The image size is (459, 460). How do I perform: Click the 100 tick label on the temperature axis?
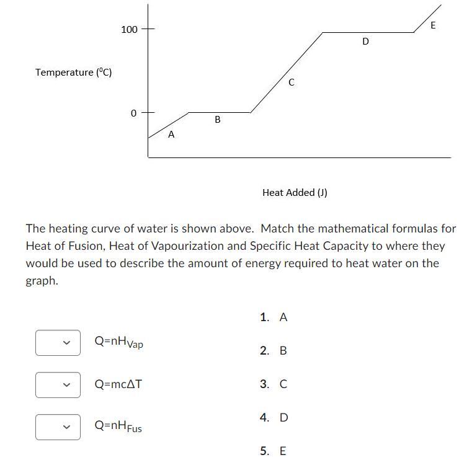pos(129,29)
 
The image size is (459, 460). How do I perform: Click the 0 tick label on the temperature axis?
pos(133,113)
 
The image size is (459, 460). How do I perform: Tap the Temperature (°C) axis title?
pos(73,73)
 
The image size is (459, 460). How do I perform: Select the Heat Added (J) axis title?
pos(295,192)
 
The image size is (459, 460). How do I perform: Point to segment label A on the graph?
pos(171,134)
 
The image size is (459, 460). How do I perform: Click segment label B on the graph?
pos(218,120)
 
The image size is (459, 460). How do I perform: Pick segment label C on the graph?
pos(291,82)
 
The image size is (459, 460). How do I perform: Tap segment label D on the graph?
pos(365,42)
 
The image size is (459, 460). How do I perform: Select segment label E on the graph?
pos(433,25)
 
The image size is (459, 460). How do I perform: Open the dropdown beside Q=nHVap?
pos(58,343)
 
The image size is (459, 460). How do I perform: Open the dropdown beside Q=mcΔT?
pos(58,385)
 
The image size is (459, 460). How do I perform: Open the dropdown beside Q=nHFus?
pos(58,427)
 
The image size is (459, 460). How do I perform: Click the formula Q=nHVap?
pos(118,342)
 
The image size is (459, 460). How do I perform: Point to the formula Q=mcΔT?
pos(118,384)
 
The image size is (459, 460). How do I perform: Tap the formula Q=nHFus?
pos(118,427)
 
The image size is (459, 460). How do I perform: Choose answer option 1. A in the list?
pos(274,317)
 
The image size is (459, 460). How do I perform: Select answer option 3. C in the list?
pos(274,384)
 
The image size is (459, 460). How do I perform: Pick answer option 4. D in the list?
pos(274,417)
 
